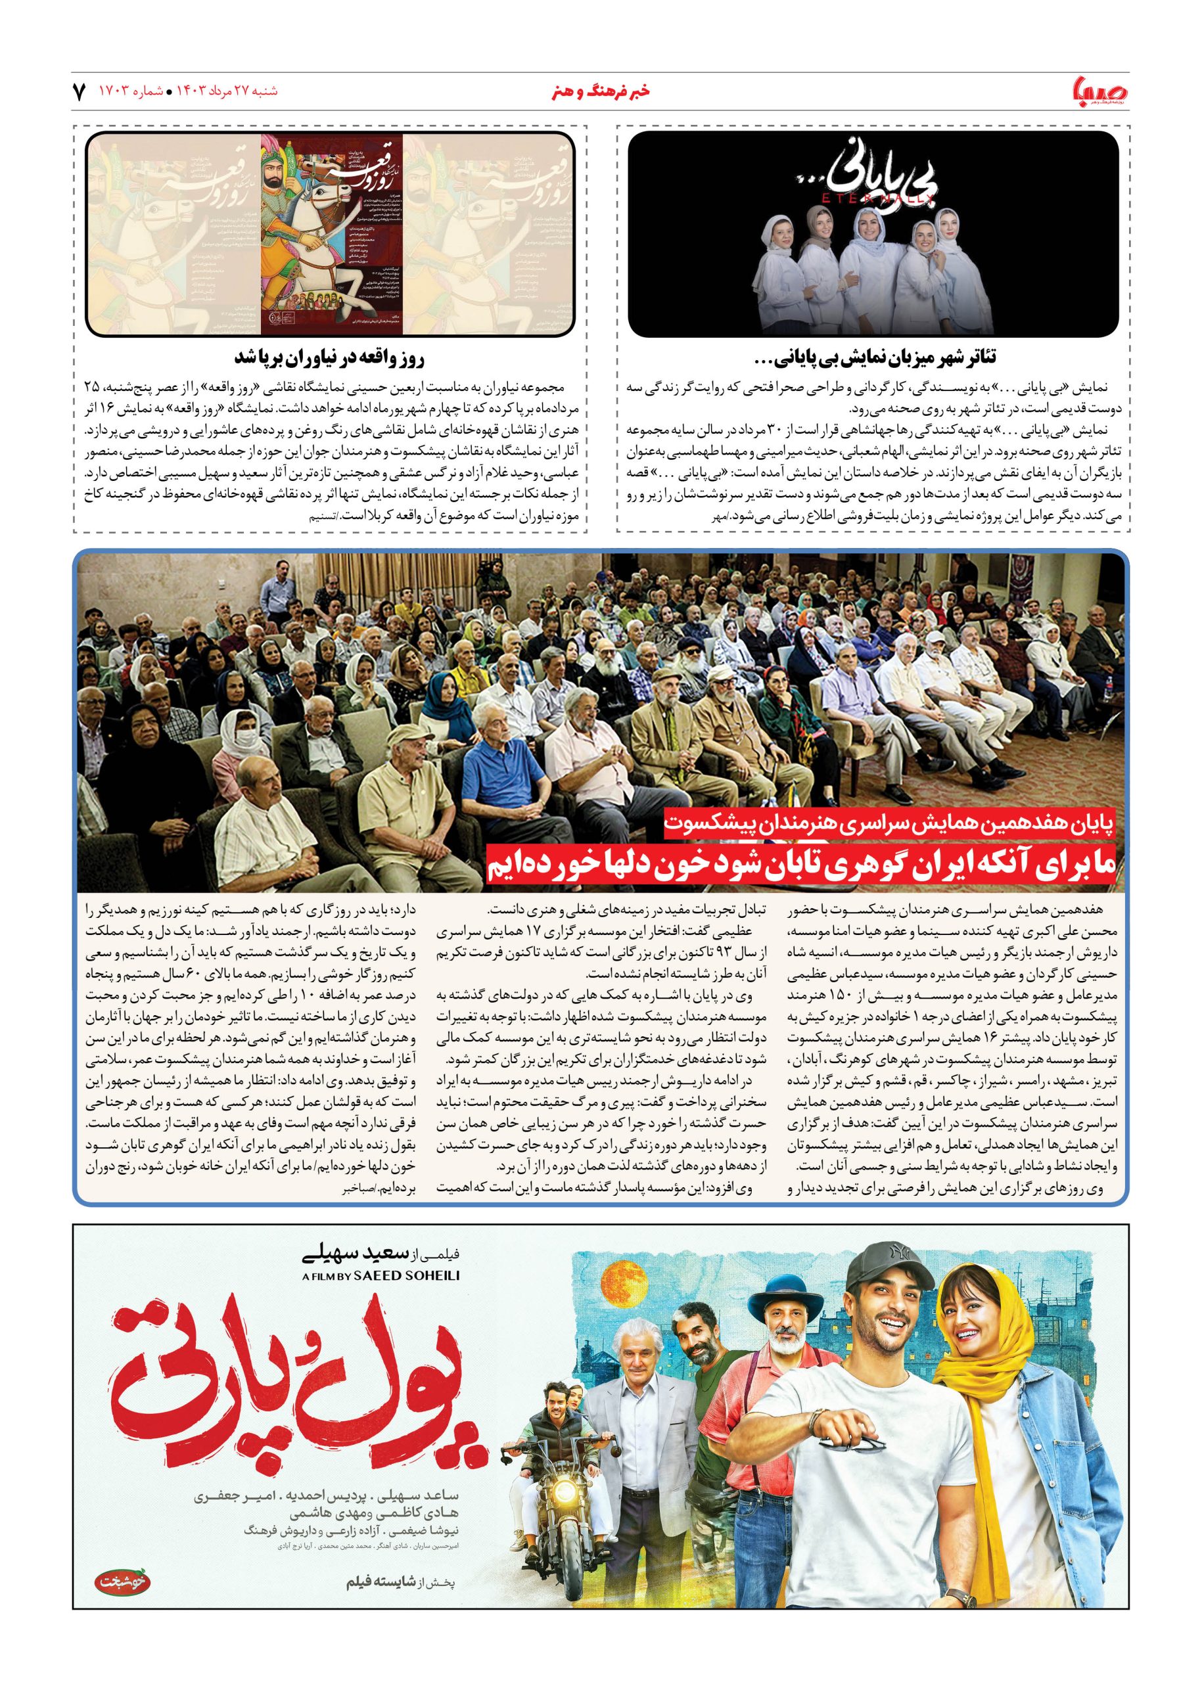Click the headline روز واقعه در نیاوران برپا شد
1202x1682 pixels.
point(330,358)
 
